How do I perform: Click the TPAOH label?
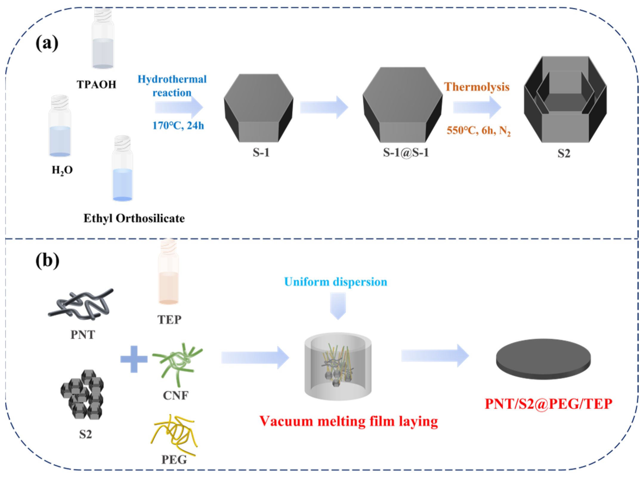point(96,84)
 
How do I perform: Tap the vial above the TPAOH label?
point(103,39)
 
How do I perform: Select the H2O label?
point(62,170)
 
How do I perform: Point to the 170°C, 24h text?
point(178,126)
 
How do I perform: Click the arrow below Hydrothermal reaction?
point(179,107)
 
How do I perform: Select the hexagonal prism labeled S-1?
point(259,108)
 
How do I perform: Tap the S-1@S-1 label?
point(406,153)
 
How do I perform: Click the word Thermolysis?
point(477,87)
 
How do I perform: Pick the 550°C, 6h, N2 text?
point(478,131)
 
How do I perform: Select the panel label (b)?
point(47,260)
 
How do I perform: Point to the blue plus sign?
point(134,359)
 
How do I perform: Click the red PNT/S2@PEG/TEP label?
point(548,404)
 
